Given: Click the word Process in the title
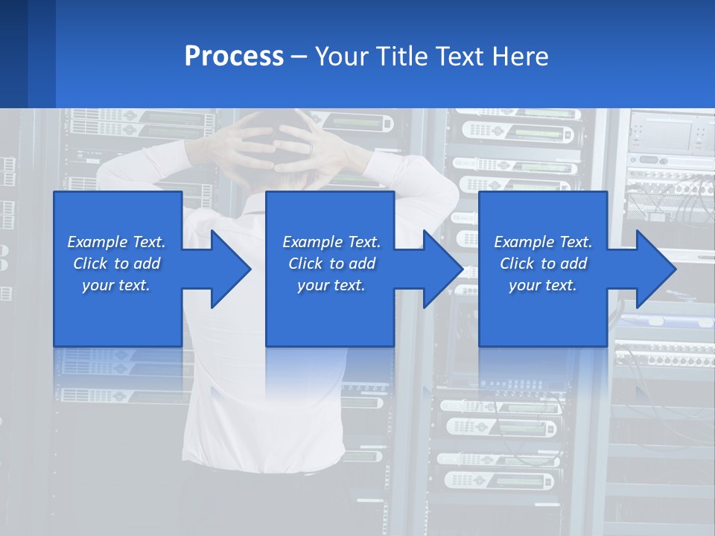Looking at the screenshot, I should (x=234, y=56).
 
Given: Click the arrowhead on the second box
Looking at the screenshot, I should (x=461, y=269).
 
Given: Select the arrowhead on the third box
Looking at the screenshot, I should (x=674, y=269).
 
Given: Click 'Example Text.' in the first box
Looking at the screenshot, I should (x=116, y=242).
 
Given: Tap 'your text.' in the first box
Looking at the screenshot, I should (x=116, y=285).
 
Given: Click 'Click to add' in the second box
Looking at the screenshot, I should (x=331, y=264).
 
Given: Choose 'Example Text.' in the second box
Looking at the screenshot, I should (x=331, y=242).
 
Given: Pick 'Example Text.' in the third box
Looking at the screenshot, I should (x=543, y=242).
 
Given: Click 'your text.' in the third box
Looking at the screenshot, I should (x=543, y=285).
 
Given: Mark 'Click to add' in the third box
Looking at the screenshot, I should (x=543, y=264).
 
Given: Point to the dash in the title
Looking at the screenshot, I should (x=299, y=57).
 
